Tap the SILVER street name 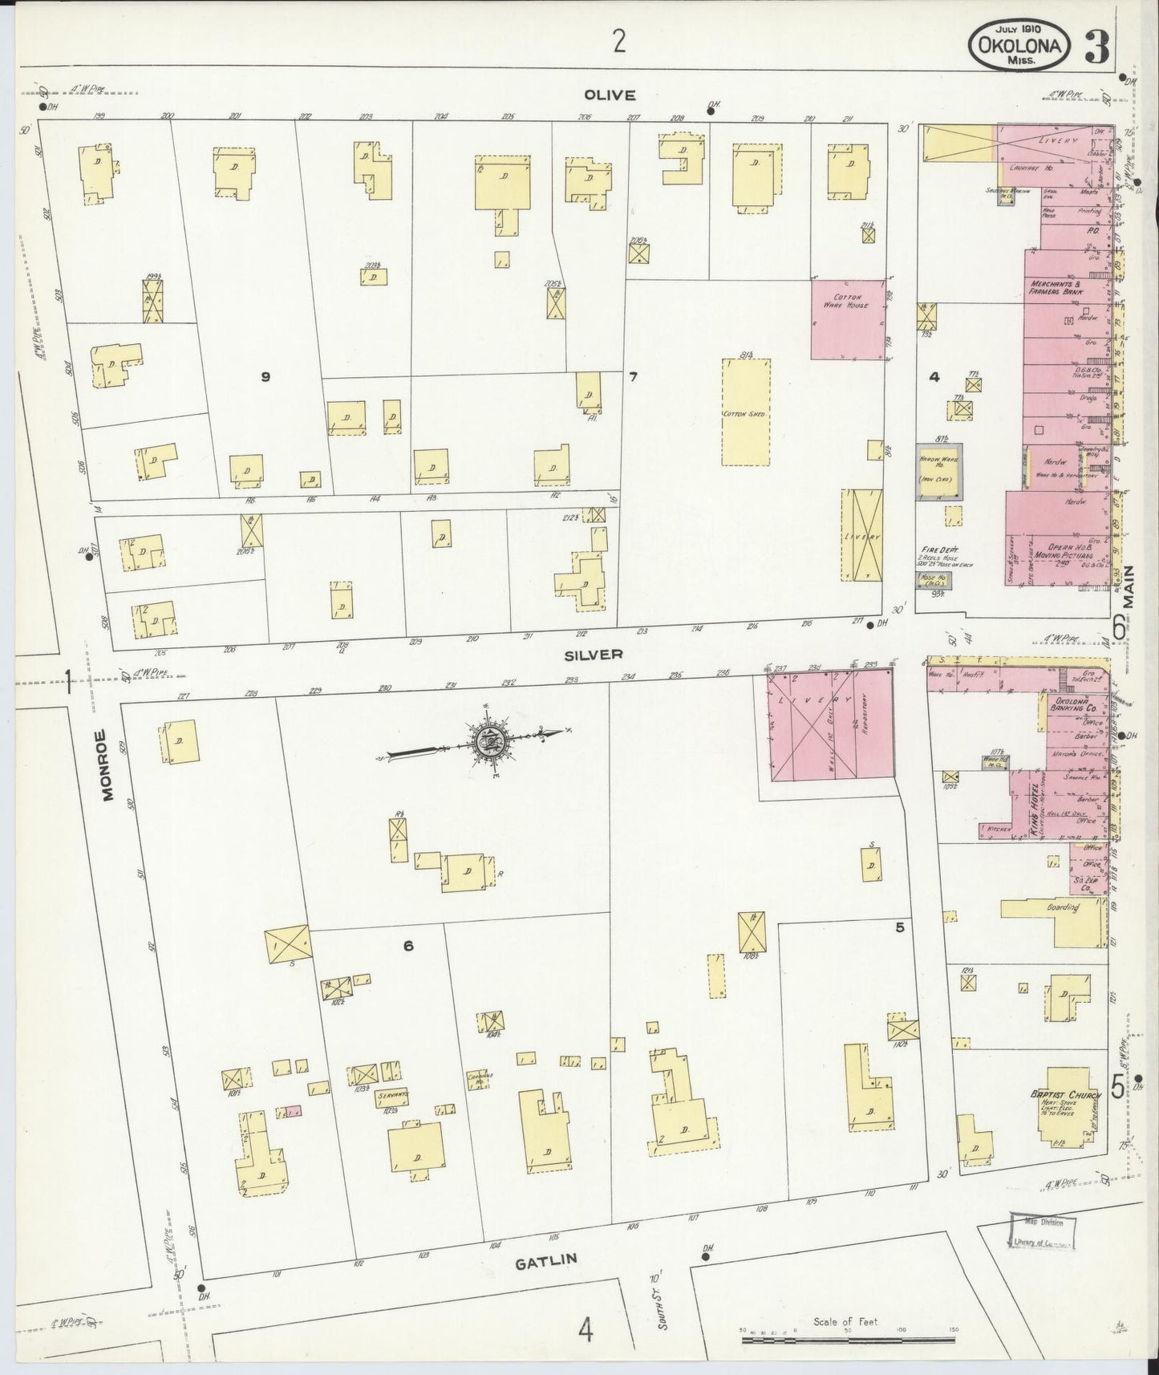[593, 655]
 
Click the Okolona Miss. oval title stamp [1019, 45]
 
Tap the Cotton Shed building [746, 412]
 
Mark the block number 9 [265, 376]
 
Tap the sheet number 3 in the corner [1096, 48]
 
